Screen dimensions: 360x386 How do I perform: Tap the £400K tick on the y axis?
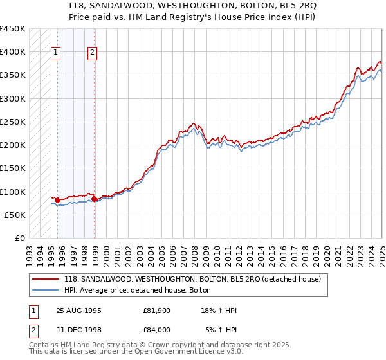(12, 52)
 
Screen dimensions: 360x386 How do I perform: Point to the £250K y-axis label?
(12, 122)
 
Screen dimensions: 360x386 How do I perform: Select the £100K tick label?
(12, 192)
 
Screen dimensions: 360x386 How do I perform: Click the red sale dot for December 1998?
(95, 199)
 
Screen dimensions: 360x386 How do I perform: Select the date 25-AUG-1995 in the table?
(78, 310)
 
